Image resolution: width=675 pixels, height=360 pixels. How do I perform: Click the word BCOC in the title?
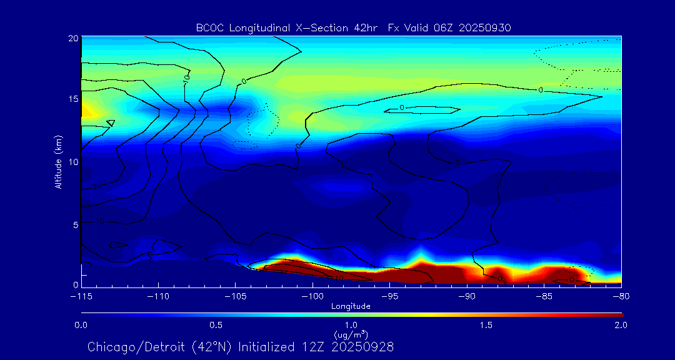208,27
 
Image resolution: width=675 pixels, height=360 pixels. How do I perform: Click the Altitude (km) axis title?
58,162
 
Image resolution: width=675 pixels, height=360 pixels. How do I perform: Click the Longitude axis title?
351,306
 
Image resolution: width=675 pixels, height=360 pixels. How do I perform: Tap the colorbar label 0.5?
216,325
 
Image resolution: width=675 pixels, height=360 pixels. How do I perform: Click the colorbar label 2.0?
620,325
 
